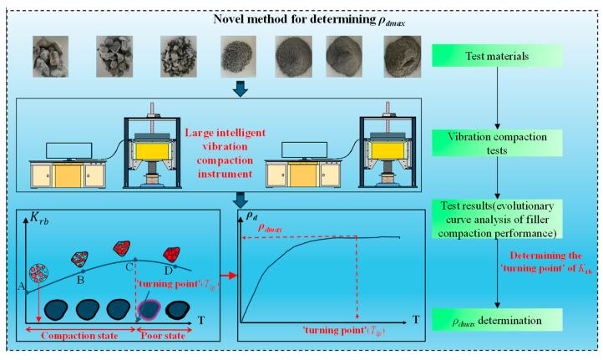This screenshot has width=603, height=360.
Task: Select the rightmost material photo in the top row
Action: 400,56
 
